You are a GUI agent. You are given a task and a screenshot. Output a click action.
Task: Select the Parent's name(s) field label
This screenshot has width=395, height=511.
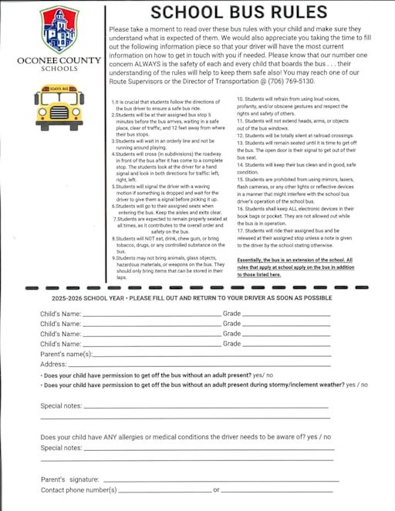pyautogui.click(x=66, y=354)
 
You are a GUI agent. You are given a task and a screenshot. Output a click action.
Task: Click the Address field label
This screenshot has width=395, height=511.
pyautogui.click(x=53, y=364)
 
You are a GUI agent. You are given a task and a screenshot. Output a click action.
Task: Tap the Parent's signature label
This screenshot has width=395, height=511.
pyautogui.click(x=69, y=479)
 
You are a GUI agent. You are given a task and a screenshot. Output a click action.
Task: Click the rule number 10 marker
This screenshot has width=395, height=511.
pyautogui.click(x=239, y=99)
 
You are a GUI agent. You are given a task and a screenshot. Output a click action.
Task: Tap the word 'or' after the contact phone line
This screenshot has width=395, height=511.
pyautogui.click(x=217, y=489)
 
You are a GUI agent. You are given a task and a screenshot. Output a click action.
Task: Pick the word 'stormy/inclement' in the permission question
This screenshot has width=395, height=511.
pyautogui.click(x=276, y=384)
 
